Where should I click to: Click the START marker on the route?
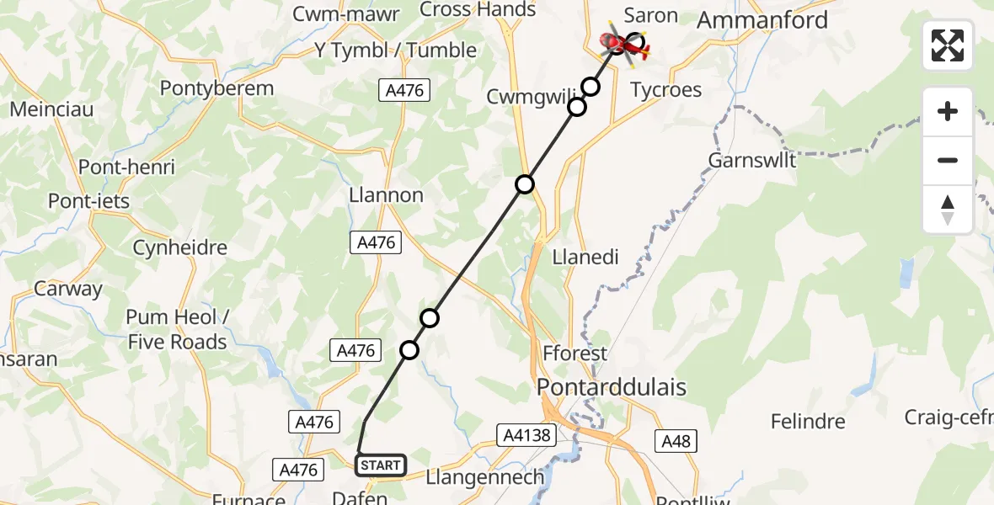(x=381, y=465)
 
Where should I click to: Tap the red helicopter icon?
(x=623, y=44)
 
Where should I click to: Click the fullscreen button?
(x=948, y=45)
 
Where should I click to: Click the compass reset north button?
(x=948, y=210)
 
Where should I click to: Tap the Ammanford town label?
(x=762, y=20)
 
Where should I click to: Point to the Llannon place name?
(x=386, y=195)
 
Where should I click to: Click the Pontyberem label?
(x=216, y=88)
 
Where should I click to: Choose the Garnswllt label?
(x=752, y=160)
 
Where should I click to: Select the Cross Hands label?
(x=477, y=10)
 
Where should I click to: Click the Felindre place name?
(x=809, y=421)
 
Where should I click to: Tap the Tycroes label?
(x=666, y=90)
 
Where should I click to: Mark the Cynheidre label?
(x=180, y=248)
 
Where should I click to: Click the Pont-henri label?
(x=126, y=167)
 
